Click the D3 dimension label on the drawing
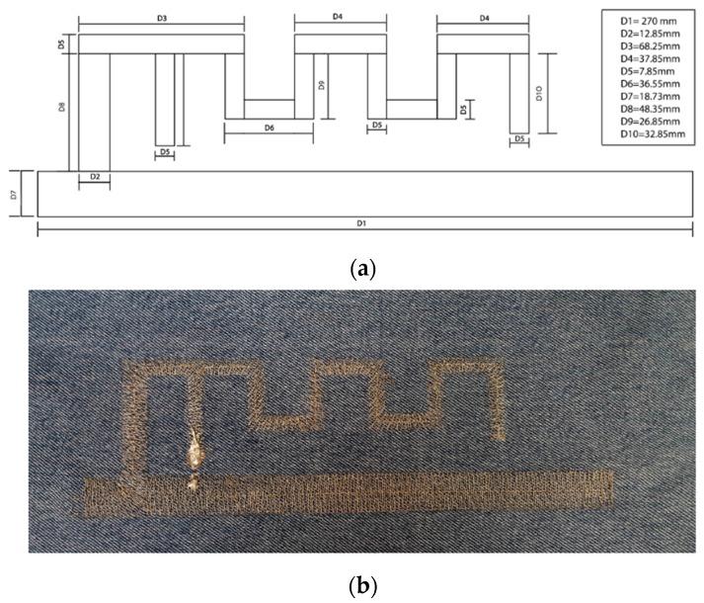click(x=161, y=19)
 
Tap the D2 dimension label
click(x=95, y=177)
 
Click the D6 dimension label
click(x=269, y=129)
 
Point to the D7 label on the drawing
click(x=14, y=195)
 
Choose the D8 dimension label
click(x=61, y=105)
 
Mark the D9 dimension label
click(x=323, y=86)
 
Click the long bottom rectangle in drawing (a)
click(x=362, y=194)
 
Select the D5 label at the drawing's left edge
click(x=61, y=44)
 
